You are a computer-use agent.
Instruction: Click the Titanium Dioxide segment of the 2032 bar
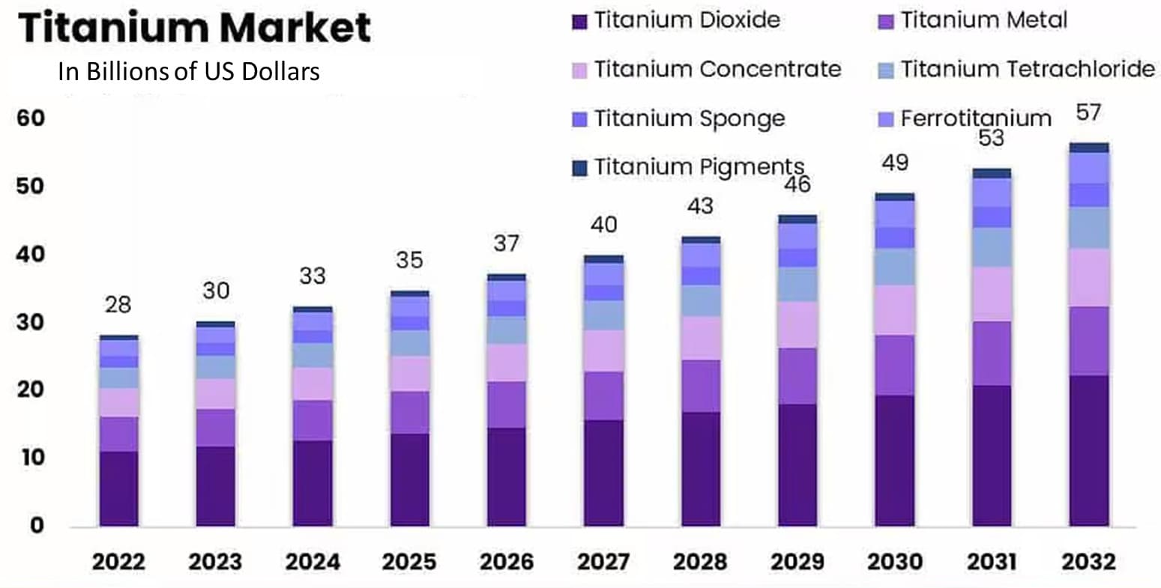(x=1089, y=449)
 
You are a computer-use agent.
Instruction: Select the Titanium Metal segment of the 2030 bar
(x=895, y=365)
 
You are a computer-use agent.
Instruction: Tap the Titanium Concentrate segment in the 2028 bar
(x=701, y=338)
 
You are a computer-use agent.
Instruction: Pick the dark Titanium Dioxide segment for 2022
(x=118, y=488)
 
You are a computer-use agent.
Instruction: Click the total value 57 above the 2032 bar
(x=1088, y=112)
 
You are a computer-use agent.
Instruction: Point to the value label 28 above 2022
(x=118, y=305)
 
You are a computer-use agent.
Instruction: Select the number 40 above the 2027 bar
(x=603, y=224)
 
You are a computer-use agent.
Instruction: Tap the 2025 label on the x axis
(x=409, y=562)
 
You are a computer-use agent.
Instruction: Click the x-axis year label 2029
(x=797, y=562)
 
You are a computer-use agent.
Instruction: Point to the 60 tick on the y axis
(x=31, y=118)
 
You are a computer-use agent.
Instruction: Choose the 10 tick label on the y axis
(x=31, y=458)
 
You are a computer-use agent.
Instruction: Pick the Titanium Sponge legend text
(x=689, y=118)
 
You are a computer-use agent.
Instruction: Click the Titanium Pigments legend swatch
(x=579, y=168)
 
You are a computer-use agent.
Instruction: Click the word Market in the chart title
(x=295, y=28)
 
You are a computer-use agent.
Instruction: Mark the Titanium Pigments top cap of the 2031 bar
(x=992, y=173)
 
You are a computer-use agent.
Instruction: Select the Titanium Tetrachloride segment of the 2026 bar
(x=507, y=330)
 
